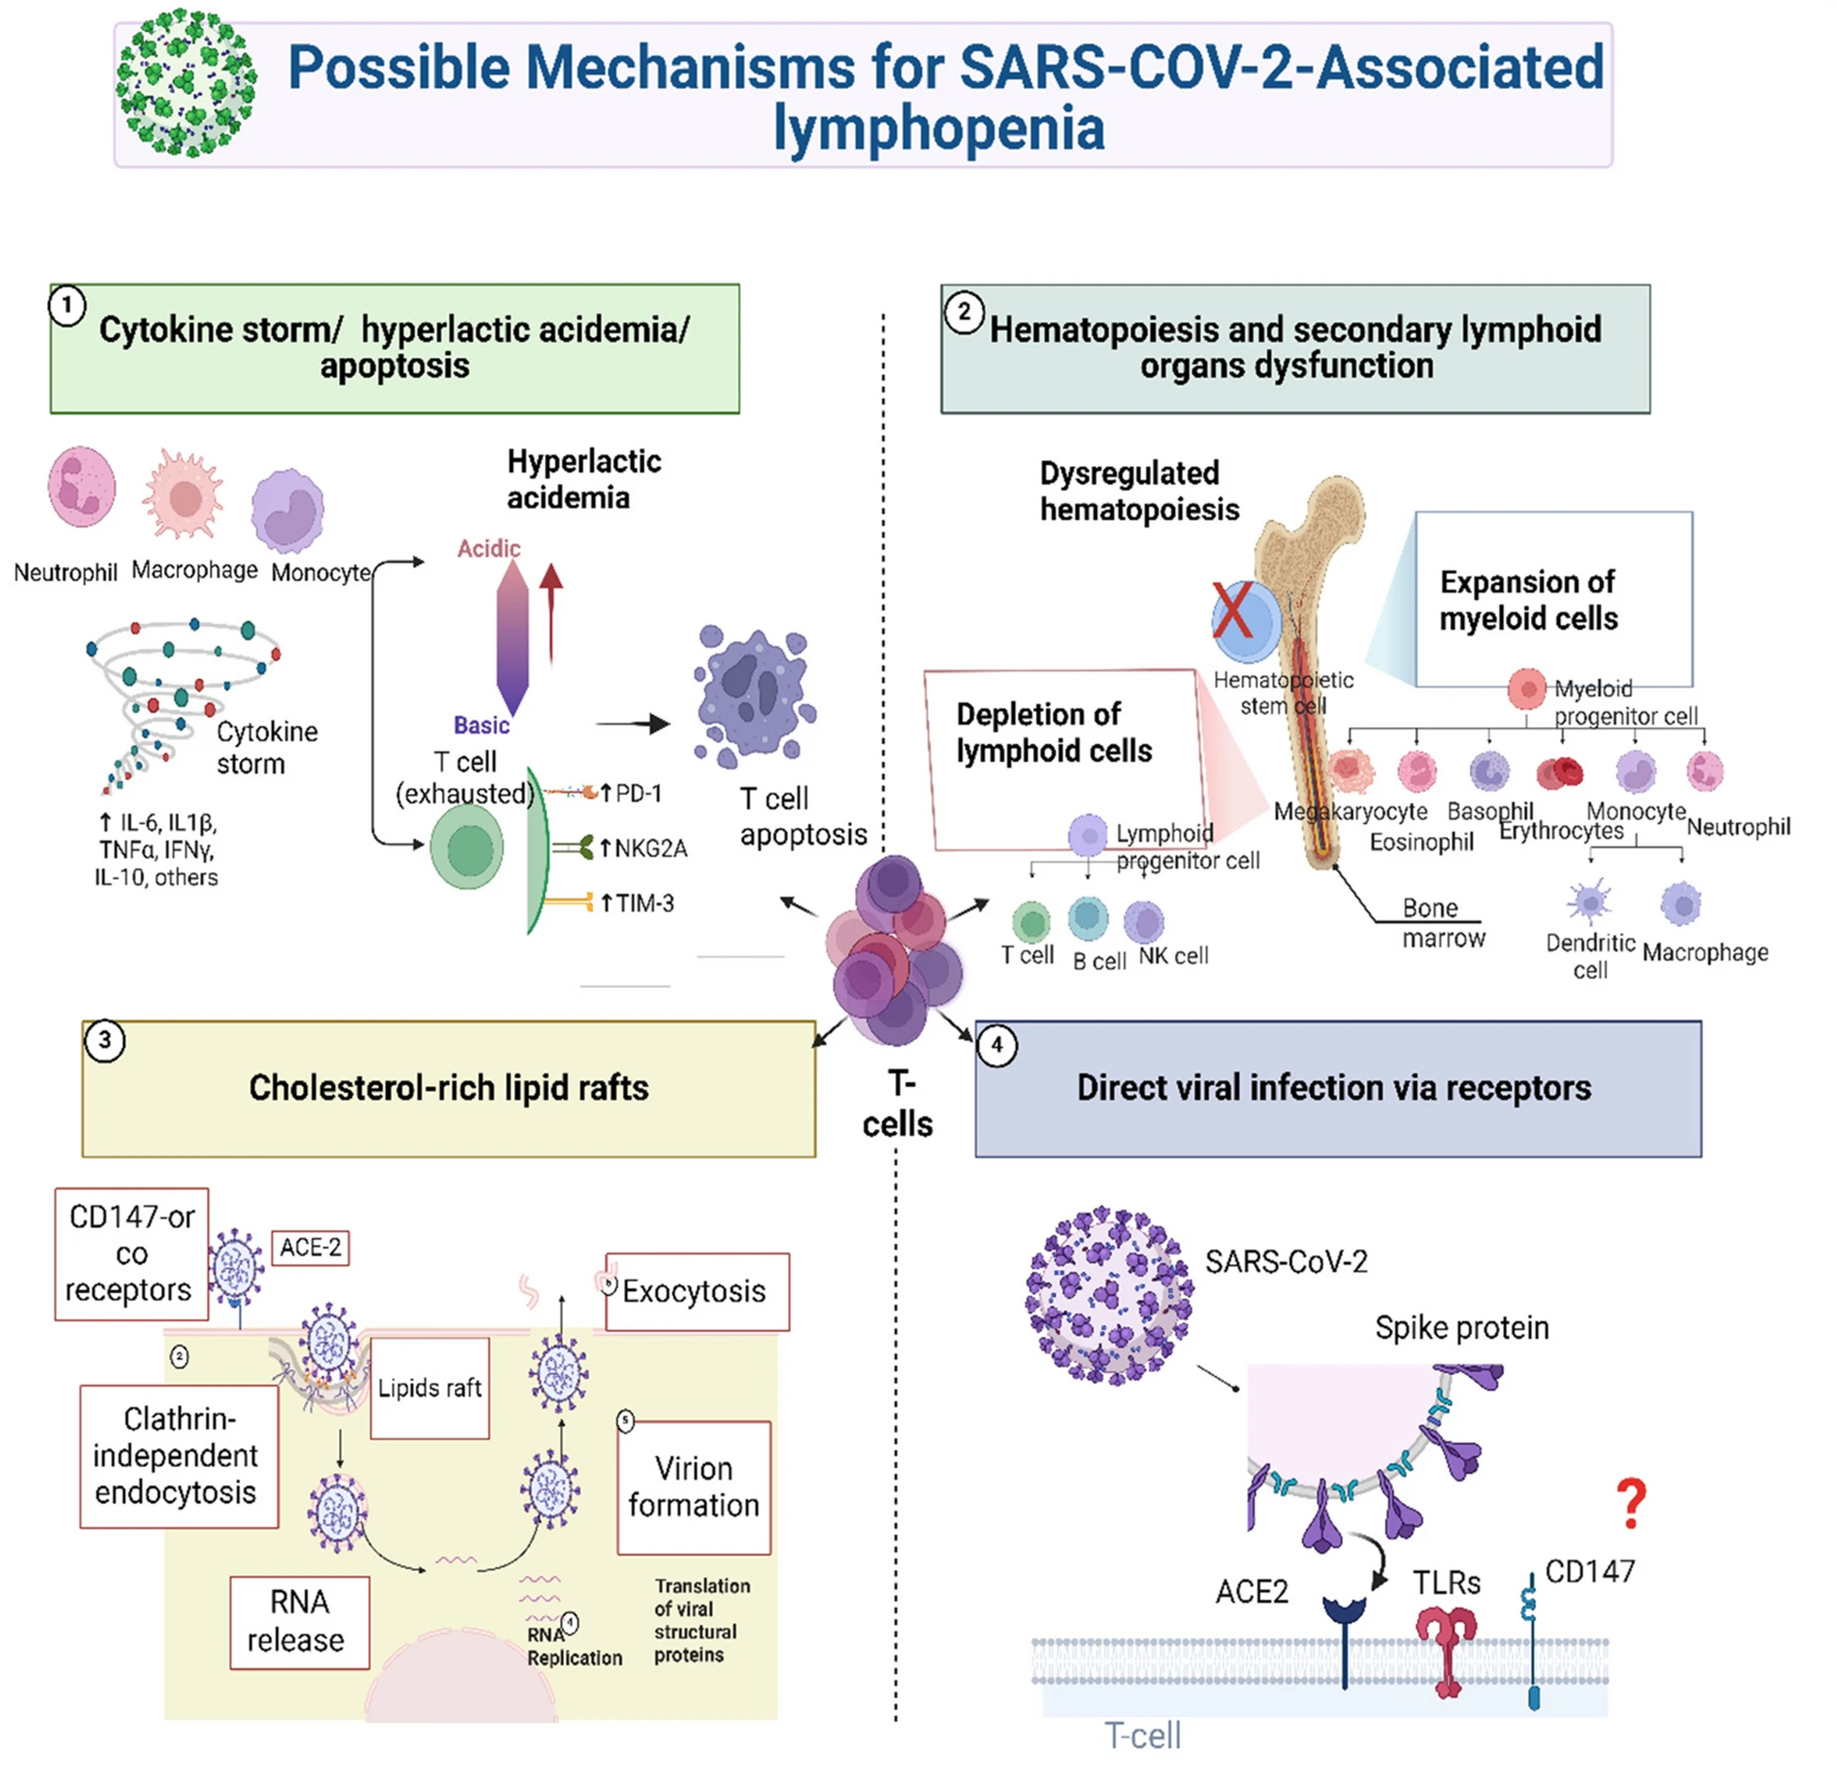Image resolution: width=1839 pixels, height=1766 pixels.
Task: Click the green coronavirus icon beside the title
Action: point(186,83)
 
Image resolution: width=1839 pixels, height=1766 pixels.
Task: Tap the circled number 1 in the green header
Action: point(67,306)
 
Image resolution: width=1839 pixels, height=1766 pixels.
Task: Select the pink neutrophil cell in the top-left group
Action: point(82,487)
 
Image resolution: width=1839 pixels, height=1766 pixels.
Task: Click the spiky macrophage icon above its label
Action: point(185,494)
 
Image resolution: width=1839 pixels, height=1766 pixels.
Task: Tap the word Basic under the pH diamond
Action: point(481,725)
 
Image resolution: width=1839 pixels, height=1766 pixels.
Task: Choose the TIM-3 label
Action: point(644,903)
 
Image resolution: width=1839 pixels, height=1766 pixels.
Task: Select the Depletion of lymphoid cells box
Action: point(1061,758)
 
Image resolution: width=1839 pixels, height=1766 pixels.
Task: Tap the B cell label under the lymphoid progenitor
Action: point(1099,961)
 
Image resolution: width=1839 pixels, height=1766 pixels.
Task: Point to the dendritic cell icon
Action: point(1589,901)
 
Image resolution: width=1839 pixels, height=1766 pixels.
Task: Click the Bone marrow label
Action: point(1443,923)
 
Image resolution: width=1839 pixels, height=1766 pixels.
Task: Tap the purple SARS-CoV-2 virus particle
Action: point(1108,1294)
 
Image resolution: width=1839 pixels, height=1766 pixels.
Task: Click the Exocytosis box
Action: point(697,1290)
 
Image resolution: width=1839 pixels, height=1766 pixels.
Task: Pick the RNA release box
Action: point(299,1621)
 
